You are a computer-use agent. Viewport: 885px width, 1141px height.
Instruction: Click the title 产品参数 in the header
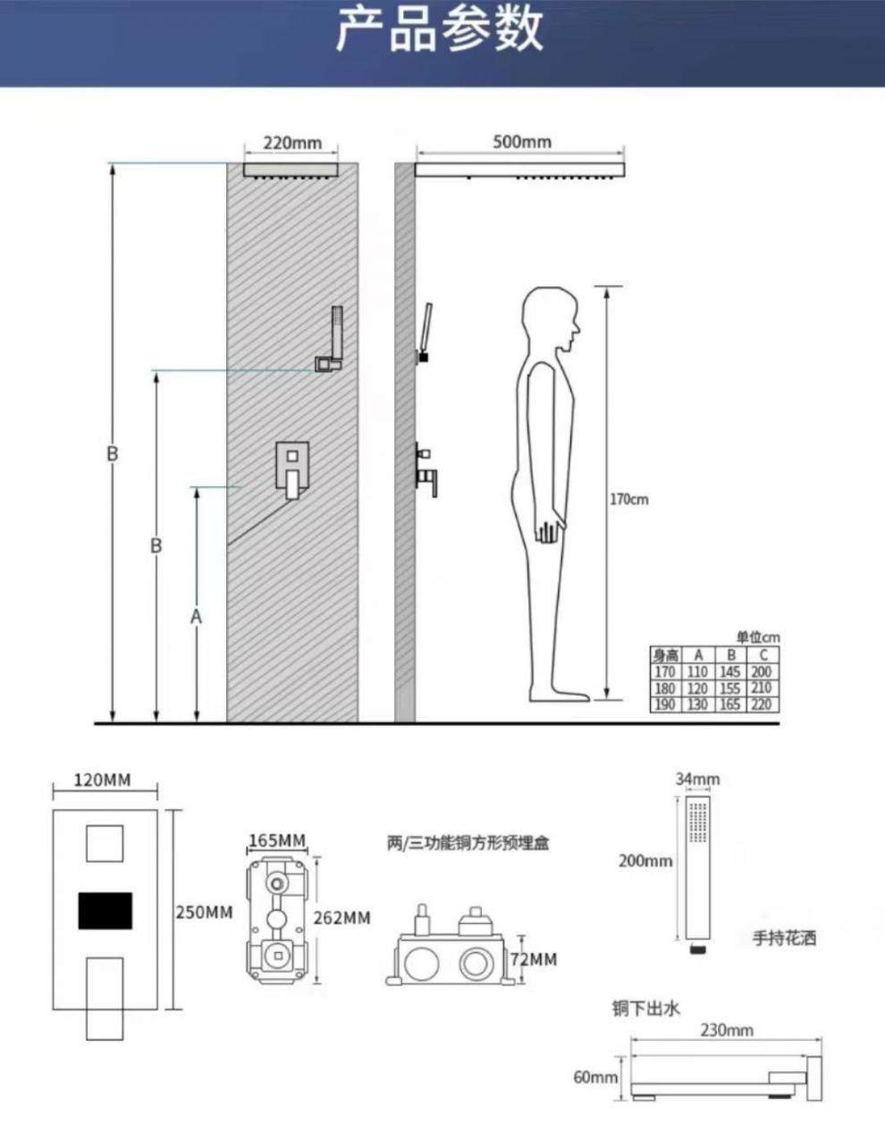click(x=439, y=30)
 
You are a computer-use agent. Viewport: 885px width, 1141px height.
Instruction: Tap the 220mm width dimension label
click(x=291, y=143)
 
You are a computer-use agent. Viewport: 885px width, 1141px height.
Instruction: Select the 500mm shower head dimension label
click(x=522, y=142)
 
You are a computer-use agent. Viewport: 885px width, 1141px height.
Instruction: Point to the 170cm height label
click(x=629, y=499)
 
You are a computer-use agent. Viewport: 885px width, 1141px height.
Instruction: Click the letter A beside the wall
click(x=197, y=616)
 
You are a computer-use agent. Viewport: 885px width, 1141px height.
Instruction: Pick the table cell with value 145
click(x=730, y=672)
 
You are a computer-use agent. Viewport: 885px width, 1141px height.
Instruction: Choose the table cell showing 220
click(x=762, y=704)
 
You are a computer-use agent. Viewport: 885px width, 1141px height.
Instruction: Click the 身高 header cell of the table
click(x=665, y=655)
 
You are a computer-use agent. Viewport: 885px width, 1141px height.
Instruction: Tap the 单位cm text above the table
click(x=757, y=638)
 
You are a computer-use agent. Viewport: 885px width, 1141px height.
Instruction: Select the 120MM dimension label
click(x=102, y=780)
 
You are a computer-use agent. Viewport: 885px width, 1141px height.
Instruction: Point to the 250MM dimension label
click(x=203, y=912)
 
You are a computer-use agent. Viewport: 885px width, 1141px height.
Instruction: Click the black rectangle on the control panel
click(x=105, y=909)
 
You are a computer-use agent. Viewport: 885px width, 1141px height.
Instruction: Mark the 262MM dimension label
click(x=341, y=918)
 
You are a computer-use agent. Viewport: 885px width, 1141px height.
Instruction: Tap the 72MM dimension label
click(x=533, y=959)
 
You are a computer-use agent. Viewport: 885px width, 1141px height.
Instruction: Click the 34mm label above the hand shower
click(x=697, y=779)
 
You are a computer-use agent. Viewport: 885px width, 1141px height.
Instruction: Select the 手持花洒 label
click(x=785, y=938)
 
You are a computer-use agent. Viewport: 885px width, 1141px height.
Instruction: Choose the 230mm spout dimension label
click(x=727, y=1030)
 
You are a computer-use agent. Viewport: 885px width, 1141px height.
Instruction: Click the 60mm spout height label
click(x=595, y=1077)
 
